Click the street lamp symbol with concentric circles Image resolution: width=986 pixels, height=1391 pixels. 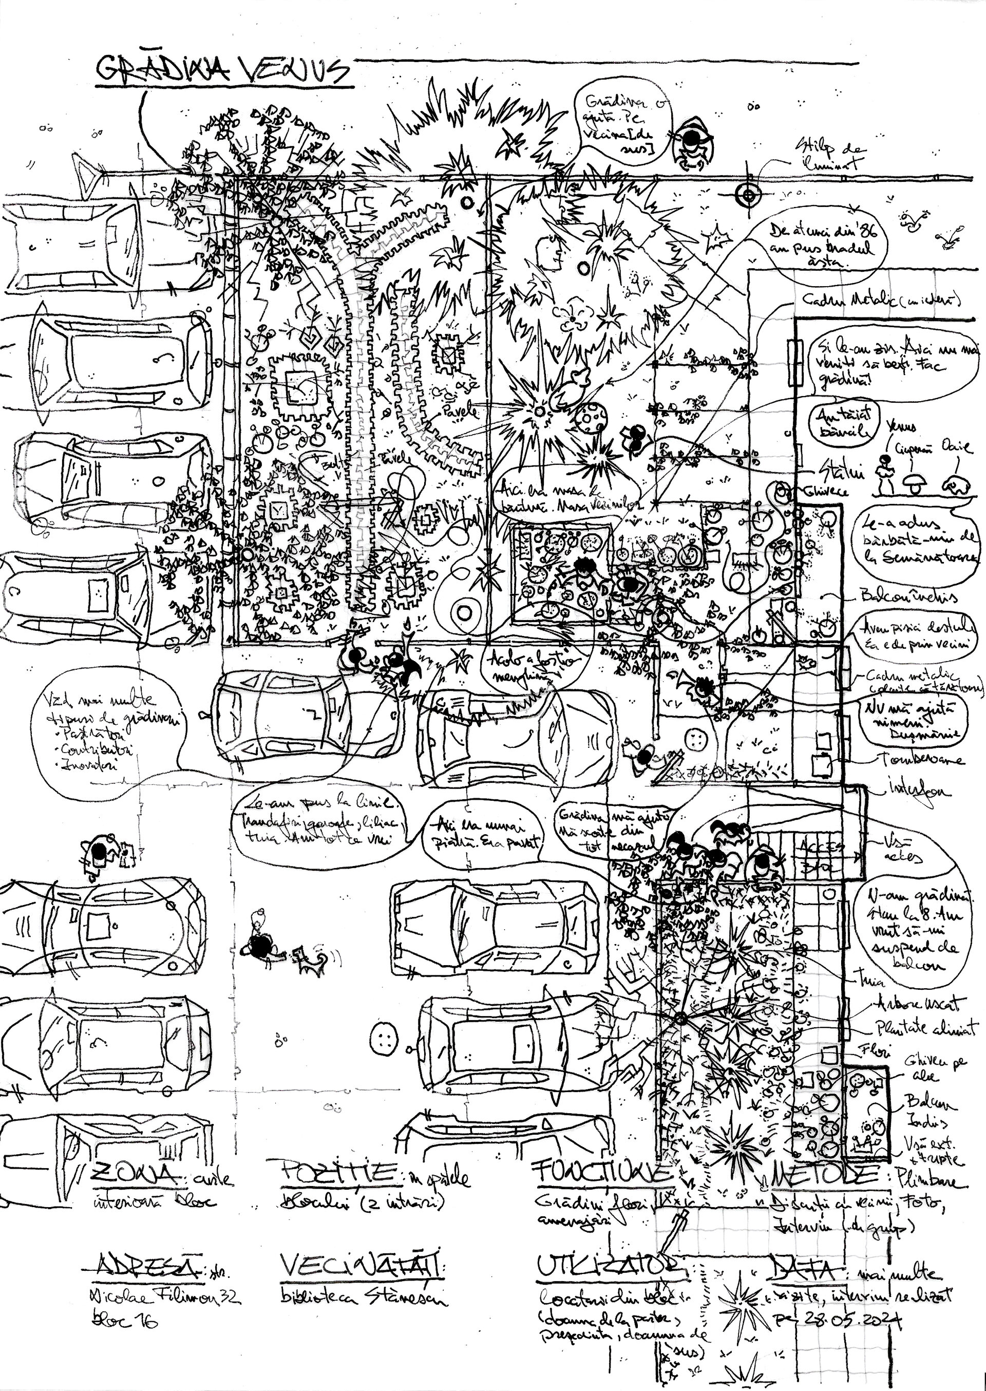click(748, 195)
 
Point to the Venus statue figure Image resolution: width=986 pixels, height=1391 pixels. click(886, 476)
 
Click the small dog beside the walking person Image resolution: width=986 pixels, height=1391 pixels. click(310, 961)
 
